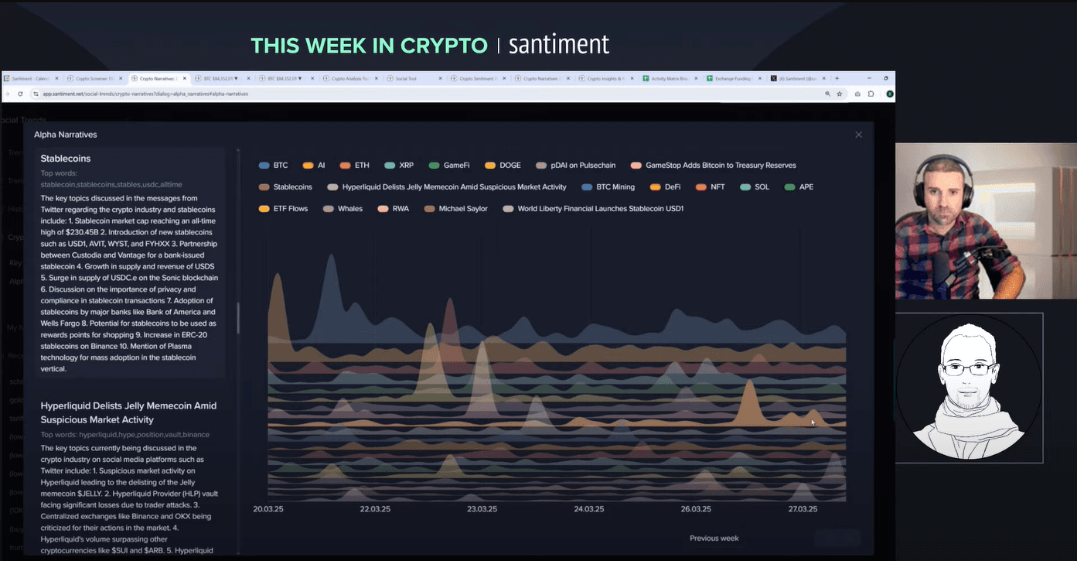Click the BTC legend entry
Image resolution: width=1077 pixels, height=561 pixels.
tap(274, 166)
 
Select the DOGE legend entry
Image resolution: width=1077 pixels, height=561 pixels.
tap(503, 166)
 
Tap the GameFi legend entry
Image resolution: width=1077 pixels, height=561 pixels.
tap(449, 166)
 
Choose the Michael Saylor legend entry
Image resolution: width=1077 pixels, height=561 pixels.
tap(455, 209)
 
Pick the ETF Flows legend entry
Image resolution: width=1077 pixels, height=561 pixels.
tap(284, 209)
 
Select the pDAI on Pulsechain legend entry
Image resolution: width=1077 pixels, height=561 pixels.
tap(576, 166)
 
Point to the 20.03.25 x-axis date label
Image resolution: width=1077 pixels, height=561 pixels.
tap(268, 509)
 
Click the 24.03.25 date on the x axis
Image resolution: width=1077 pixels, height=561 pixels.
tap(589, 509)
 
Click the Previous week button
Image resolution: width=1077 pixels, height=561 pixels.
tap(714, 538)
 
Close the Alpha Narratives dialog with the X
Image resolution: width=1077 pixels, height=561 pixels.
tap(858, 135)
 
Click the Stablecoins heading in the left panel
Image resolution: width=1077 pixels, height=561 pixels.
tap(66, 159)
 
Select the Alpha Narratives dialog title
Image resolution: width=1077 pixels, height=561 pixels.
tap(66, 135)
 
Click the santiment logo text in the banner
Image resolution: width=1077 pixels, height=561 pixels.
tap(559, 45)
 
